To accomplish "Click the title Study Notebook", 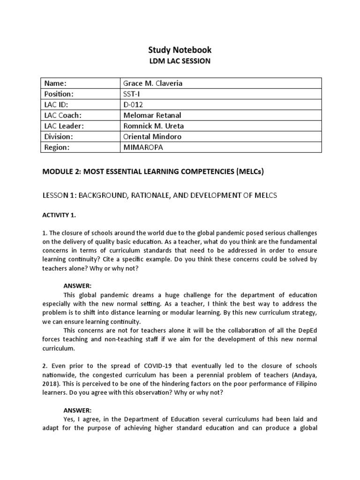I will click(x=180, y=50).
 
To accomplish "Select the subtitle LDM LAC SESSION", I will click(x=180, y=62).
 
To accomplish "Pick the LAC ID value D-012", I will click(x=133, y=105).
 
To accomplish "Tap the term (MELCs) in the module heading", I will click(x=249, y=172).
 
